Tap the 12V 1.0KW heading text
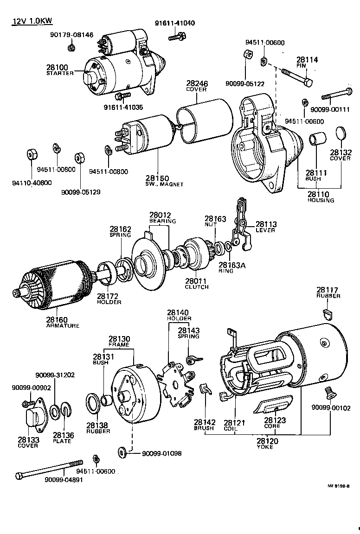click(x=28, y=22)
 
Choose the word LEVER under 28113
click(x=265, y=230)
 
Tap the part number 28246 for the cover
click(x=197, y=83)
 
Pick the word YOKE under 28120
click(x=265, y=447)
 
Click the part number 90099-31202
click(x=55, y=375)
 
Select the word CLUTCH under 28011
click(x=197, y=287)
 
